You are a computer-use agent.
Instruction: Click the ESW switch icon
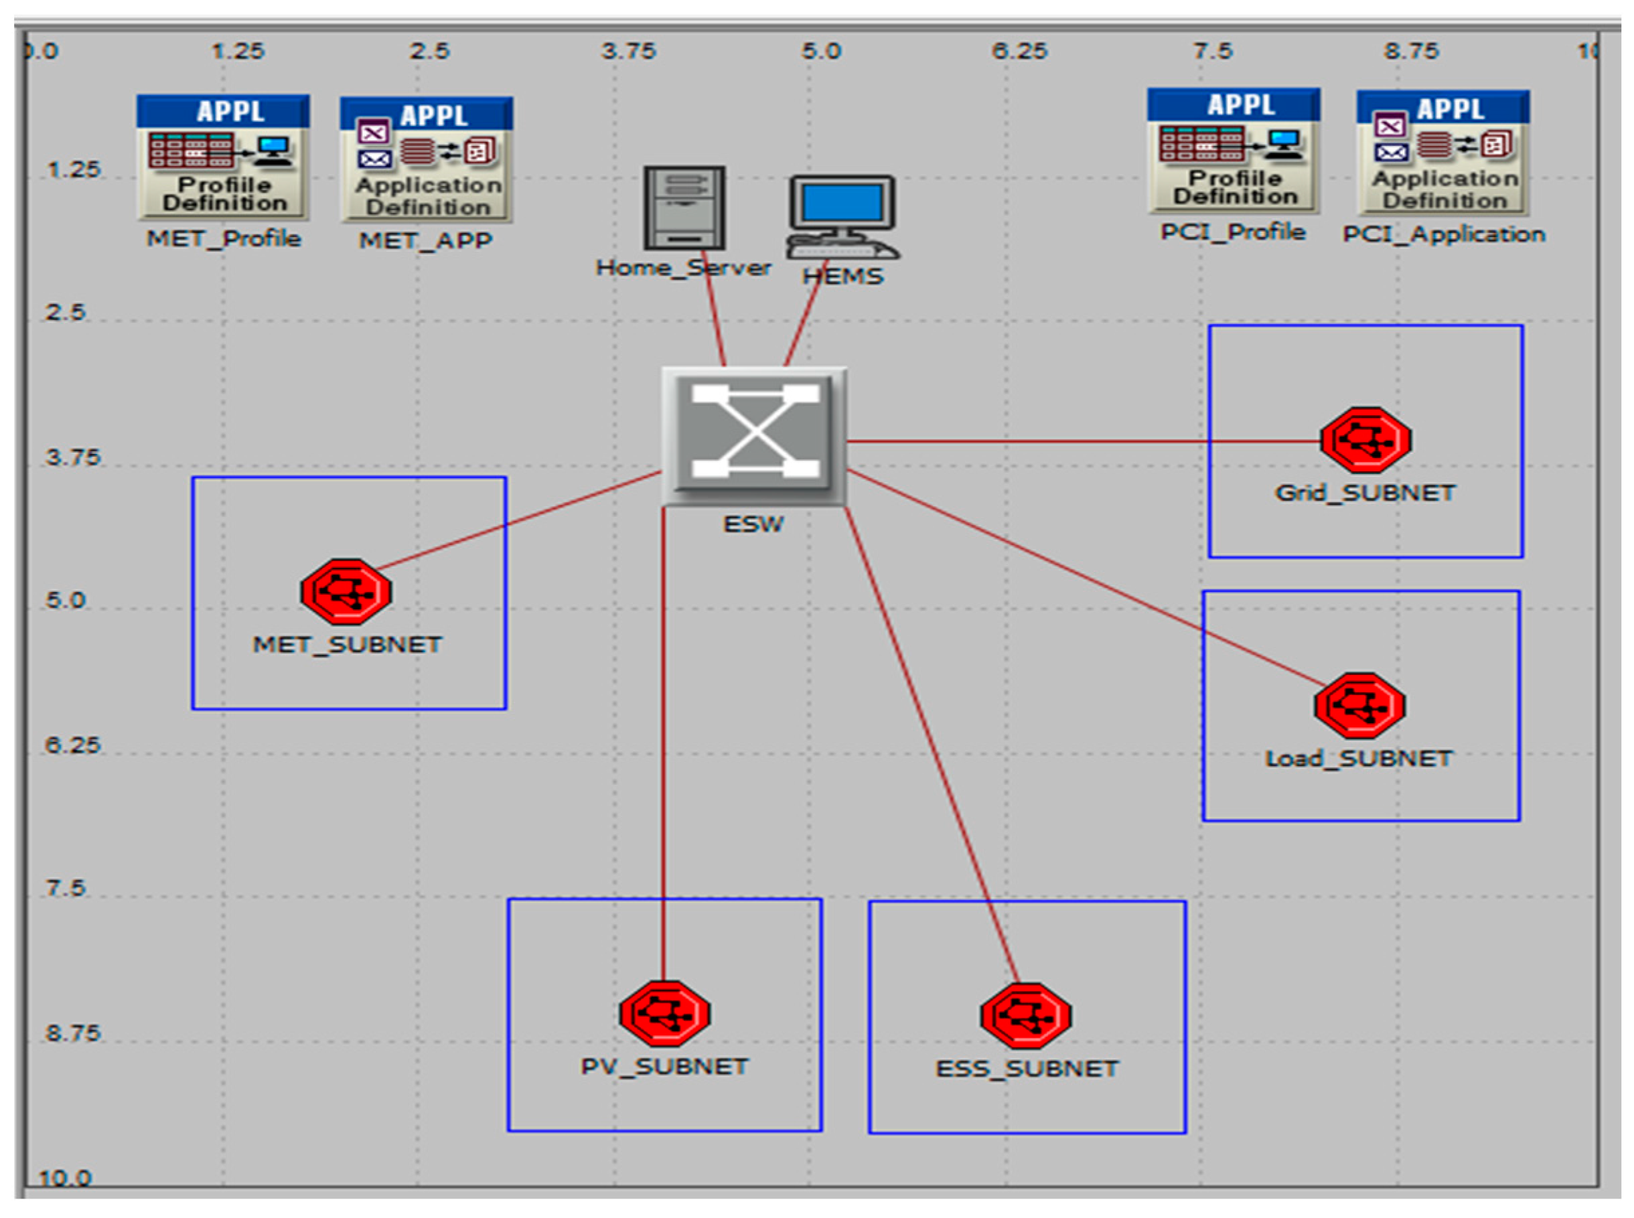753,436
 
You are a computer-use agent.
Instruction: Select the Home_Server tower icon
684,208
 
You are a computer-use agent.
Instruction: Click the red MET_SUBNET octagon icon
346,592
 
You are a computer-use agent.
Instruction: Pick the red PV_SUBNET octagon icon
664,1014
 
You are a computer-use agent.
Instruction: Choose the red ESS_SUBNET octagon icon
1026,1015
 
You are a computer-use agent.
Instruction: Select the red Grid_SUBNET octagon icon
1365,440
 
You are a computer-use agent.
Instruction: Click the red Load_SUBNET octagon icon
1359,706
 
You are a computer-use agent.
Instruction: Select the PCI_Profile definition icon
1233,151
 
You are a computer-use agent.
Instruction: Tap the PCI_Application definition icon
1443,153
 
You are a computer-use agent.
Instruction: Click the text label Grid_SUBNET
1365,493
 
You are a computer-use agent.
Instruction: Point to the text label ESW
753,524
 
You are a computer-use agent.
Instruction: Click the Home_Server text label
683,268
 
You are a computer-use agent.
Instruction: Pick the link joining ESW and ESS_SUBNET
931,737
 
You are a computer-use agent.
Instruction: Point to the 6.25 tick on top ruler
1019,51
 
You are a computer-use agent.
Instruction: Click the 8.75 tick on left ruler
72,1033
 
